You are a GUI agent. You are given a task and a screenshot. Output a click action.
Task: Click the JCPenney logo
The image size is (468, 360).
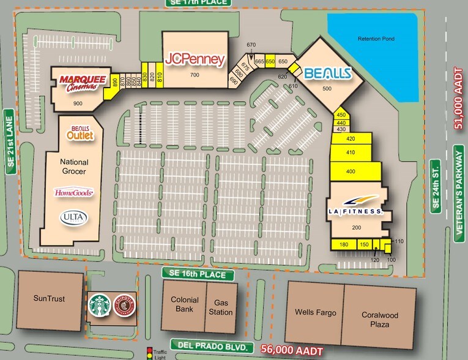(195, 59)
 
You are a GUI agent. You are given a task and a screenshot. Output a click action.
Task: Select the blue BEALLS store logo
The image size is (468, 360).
(327, 73)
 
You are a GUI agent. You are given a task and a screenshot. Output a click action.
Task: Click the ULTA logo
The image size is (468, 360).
(73, 217)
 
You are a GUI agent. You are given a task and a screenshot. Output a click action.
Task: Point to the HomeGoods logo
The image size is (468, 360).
(74, 193)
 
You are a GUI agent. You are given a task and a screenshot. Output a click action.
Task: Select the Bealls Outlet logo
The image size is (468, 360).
(81, 132)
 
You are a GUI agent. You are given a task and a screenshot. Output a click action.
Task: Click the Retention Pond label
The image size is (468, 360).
(376, 39)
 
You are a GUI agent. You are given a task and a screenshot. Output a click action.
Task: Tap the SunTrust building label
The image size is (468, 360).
(49, 299)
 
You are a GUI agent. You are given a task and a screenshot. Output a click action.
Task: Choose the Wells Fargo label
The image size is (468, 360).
(315, 312)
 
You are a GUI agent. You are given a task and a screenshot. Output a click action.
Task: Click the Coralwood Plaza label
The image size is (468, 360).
(380, 320)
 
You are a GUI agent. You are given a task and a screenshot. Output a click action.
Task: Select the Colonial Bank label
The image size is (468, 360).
(184, 305)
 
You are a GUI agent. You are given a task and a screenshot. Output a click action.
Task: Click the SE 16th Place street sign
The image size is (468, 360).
(198, 274)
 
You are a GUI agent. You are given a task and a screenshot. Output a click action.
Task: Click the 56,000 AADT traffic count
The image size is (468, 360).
(289, 348)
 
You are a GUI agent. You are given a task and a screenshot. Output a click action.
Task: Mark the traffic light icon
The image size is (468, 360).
(148, 353)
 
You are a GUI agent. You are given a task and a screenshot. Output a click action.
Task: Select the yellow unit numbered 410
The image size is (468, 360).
(351, 152)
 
